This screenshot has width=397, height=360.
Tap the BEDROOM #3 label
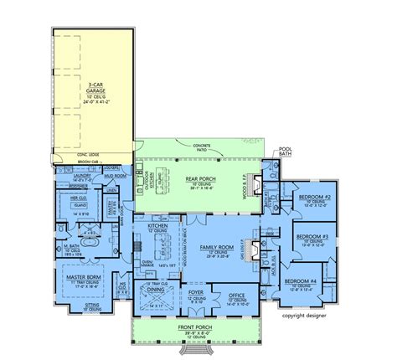(x=310, y=237)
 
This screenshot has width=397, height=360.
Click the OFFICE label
(x=237, y=296)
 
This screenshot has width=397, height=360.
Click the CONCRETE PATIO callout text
(x=198, y=147)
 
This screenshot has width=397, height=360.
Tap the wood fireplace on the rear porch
(x=258, y=188)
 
